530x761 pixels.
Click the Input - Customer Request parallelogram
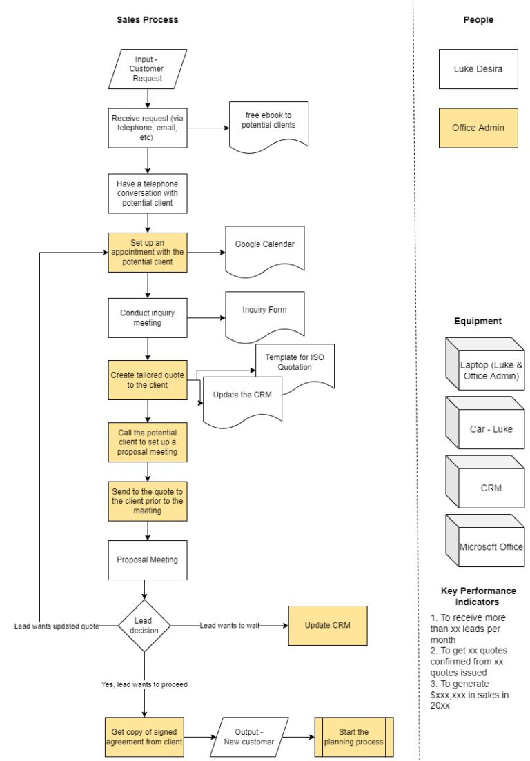148,69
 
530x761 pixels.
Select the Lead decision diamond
144,625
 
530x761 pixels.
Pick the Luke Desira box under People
478,69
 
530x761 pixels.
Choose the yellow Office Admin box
478,128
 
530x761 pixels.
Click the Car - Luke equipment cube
486,428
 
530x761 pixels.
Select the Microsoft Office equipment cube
486,546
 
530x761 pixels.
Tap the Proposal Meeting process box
148,560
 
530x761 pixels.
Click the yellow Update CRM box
328,625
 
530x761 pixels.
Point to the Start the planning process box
354,737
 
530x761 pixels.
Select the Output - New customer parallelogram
249,737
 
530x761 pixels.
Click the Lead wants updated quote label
57,626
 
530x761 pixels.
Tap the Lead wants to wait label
230,625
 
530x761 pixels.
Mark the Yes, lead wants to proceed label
144,684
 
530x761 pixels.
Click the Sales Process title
148,20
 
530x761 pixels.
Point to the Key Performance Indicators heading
478,596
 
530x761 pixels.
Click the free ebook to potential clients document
269,123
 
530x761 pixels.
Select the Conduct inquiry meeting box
148,317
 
